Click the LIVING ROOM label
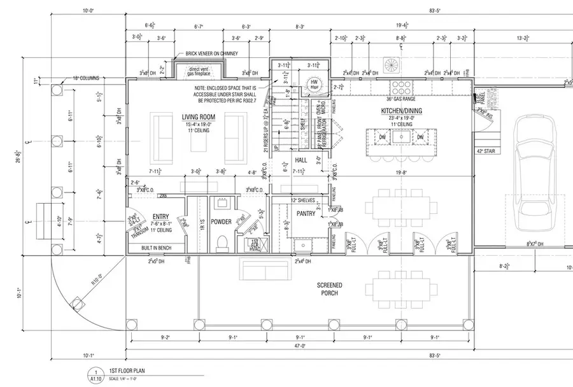pos(198,116)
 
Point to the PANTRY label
pos(306,214)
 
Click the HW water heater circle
pos(314,83)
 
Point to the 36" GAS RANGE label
pos(400,99)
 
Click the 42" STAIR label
pos(485,151)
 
